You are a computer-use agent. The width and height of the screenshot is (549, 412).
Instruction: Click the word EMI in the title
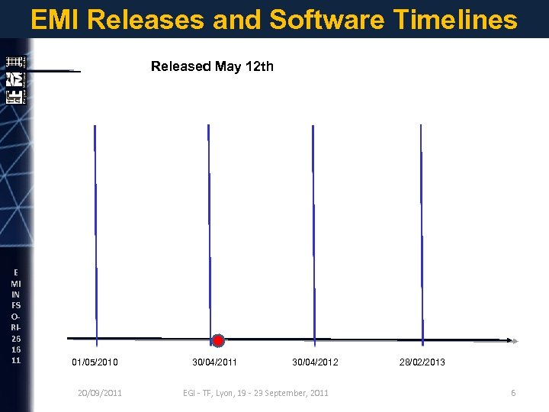pos(56,20)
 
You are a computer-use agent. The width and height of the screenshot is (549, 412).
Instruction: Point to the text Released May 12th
pos(212,66)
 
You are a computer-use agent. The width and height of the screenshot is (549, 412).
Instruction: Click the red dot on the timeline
pos(218,340)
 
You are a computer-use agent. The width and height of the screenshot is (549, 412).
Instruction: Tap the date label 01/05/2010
pos(95,362)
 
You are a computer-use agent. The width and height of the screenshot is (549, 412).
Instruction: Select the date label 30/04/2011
pos(214,362)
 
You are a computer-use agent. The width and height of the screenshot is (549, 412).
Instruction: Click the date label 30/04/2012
pos(316,362)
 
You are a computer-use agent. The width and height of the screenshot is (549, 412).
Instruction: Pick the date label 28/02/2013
pos(422,362)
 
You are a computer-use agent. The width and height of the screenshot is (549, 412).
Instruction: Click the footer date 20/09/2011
pos(100,393)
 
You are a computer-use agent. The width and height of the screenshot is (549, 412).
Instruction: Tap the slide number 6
pos(513,393)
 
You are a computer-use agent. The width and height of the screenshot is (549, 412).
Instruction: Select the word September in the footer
pos(287,393)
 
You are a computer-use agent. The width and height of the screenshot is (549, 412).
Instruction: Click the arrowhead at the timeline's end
pos(514,340)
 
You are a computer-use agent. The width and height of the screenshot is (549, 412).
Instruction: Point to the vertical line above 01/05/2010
pos(95,229)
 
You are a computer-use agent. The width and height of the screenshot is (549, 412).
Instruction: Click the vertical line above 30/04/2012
pos(313,229)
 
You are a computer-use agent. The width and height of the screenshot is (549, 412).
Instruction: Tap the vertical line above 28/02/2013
pos(422,229)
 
